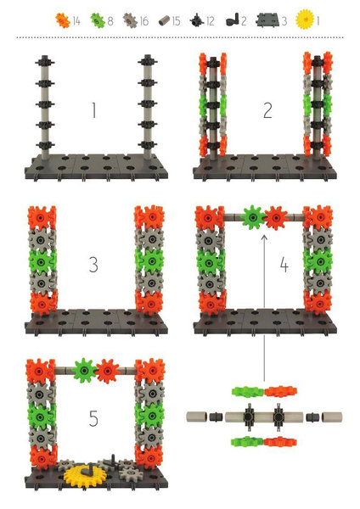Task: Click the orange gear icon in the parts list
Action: (62, 18)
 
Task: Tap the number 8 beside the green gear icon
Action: (110, 18)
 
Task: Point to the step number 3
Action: (93, 265)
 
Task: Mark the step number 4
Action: (284, 266)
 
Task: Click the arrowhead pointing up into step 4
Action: (263, 240)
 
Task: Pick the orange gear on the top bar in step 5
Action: (106, 371)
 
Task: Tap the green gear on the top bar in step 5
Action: (83, 371)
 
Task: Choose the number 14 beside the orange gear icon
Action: (77, 18)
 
